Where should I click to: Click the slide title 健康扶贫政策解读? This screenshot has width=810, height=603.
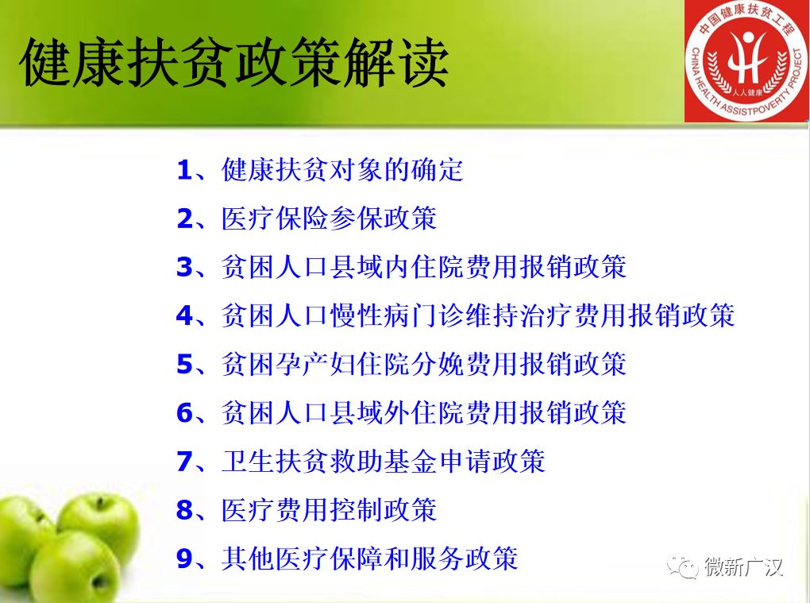tap(234, 63)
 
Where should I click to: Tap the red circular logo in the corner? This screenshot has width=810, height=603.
tap(747, 61)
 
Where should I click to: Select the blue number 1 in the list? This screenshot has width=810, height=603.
tap(184, 170)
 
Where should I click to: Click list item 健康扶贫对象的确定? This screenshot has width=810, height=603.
tap(342, 170)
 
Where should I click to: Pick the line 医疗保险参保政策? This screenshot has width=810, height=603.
tap(329, 218)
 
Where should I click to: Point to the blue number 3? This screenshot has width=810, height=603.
tap(184, 267)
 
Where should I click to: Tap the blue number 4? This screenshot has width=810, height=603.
tap(184, 315)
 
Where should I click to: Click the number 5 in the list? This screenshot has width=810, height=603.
tap(184, 364)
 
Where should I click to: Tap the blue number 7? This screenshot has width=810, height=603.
tap(184, 461)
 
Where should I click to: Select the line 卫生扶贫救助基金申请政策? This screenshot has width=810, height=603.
tap(384, 461)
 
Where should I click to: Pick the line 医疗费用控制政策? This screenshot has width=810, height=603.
tap(329, 509)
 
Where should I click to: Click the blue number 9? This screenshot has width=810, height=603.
tap(184, 558)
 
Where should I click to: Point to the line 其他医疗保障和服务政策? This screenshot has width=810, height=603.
tap(370, 558)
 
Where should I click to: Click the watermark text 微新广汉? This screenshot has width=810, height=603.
tap(744, 567)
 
